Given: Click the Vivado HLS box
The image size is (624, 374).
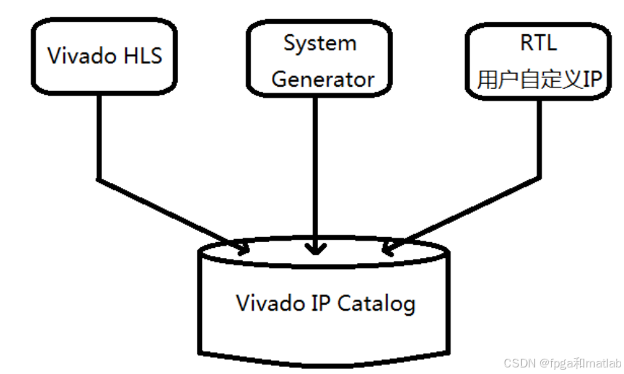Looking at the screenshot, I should pyautogui.click(x=104, y=56).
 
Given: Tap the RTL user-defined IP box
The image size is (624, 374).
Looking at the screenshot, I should pyautogui.click(x=539, y=61).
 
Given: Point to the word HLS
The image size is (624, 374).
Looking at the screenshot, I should pyautogui.click(x=143, y=56).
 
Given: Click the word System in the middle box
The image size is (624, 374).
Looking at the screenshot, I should pyautogui.click(x=320, y=43).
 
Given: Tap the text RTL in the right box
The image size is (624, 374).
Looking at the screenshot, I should pyautogui.click(x=539, y=42).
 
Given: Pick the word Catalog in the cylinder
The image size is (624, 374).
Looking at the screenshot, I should pyautogui.click(x=377, y=303).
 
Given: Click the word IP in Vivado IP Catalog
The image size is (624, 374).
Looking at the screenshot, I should pyautogui.click(x=324, y=303).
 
